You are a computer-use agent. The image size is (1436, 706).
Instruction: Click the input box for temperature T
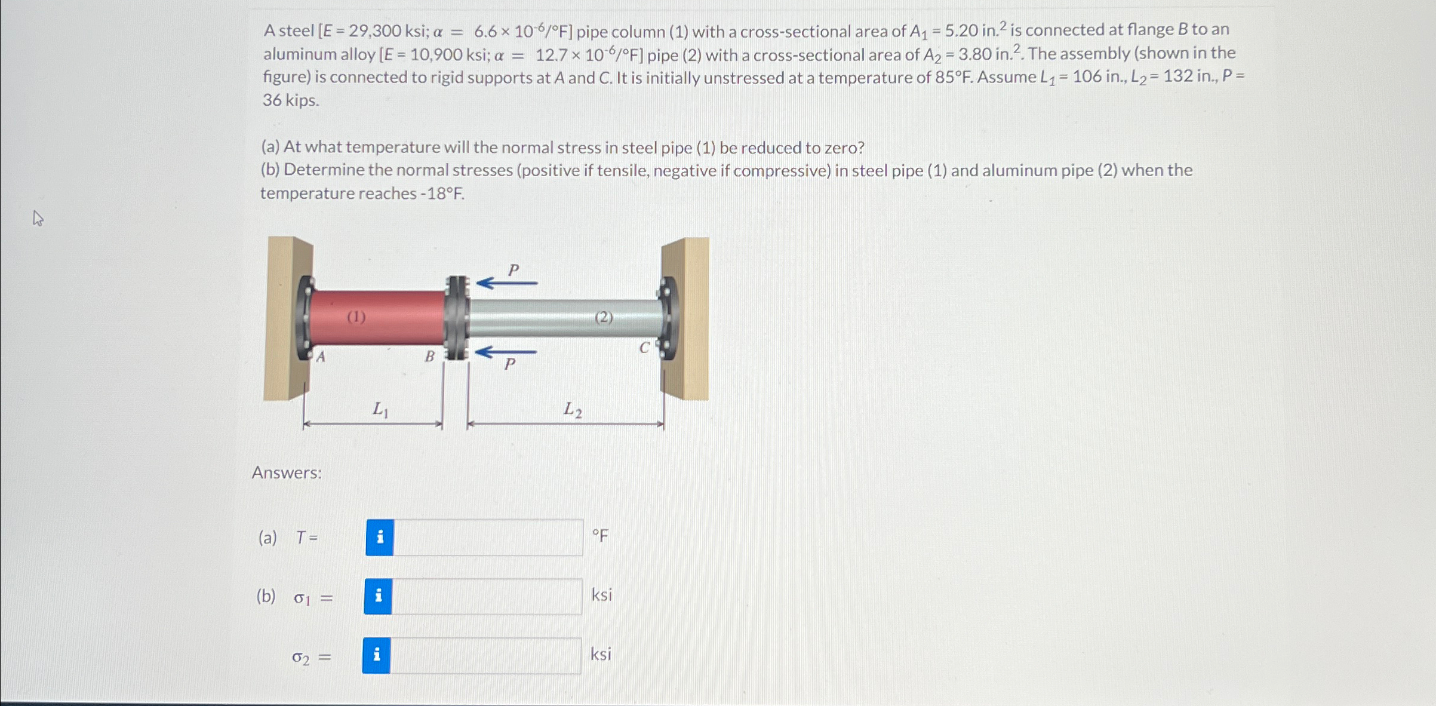tap(488, 538)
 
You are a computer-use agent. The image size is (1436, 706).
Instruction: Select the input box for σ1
tap(487, 596)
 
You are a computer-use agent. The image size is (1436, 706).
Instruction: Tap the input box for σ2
tap(485, 655)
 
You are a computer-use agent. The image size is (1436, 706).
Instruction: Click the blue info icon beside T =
tap(380, 538)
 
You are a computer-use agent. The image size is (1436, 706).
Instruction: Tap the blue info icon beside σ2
tap(377, 655)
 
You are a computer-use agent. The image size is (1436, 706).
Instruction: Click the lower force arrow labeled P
tap(506, 352)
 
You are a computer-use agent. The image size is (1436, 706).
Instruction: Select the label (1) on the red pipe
tap(356, 317)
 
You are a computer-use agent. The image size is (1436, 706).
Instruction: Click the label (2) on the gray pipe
tap(604, 317)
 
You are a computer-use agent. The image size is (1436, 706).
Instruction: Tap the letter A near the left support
tap(321, 357)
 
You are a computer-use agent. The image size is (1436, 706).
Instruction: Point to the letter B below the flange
tap(429, 357)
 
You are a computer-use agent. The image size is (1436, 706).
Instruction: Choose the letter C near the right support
tap(644, 348)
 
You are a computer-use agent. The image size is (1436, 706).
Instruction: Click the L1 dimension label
tap(380, 409)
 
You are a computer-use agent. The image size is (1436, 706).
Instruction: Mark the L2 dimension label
tap(573, 410)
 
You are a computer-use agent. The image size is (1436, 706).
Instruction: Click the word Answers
tap(287, 473)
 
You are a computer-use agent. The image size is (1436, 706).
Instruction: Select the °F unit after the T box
tap(600, 536)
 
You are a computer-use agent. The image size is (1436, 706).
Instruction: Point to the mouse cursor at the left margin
tap(38, 218)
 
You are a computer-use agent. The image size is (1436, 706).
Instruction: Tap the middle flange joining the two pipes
tap(457, 318)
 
